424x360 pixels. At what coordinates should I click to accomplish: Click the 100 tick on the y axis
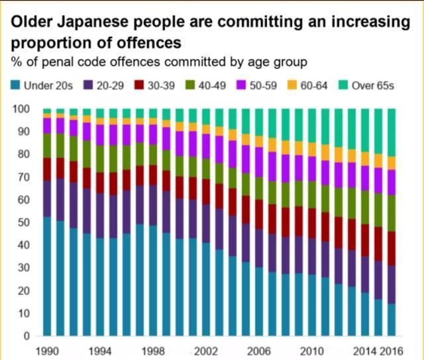click(21, 109)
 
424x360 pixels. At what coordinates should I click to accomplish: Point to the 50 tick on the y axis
click(24, 223)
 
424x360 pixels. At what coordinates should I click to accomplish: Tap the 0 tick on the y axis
click(26, 336)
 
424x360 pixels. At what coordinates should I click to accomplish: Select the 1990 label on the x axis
click(47, 351)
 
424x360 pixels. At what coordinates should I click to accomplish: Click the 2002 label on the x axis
click(206, 351)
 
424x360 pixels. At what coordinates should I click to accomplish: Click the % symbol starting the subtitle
click(15, 62)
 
